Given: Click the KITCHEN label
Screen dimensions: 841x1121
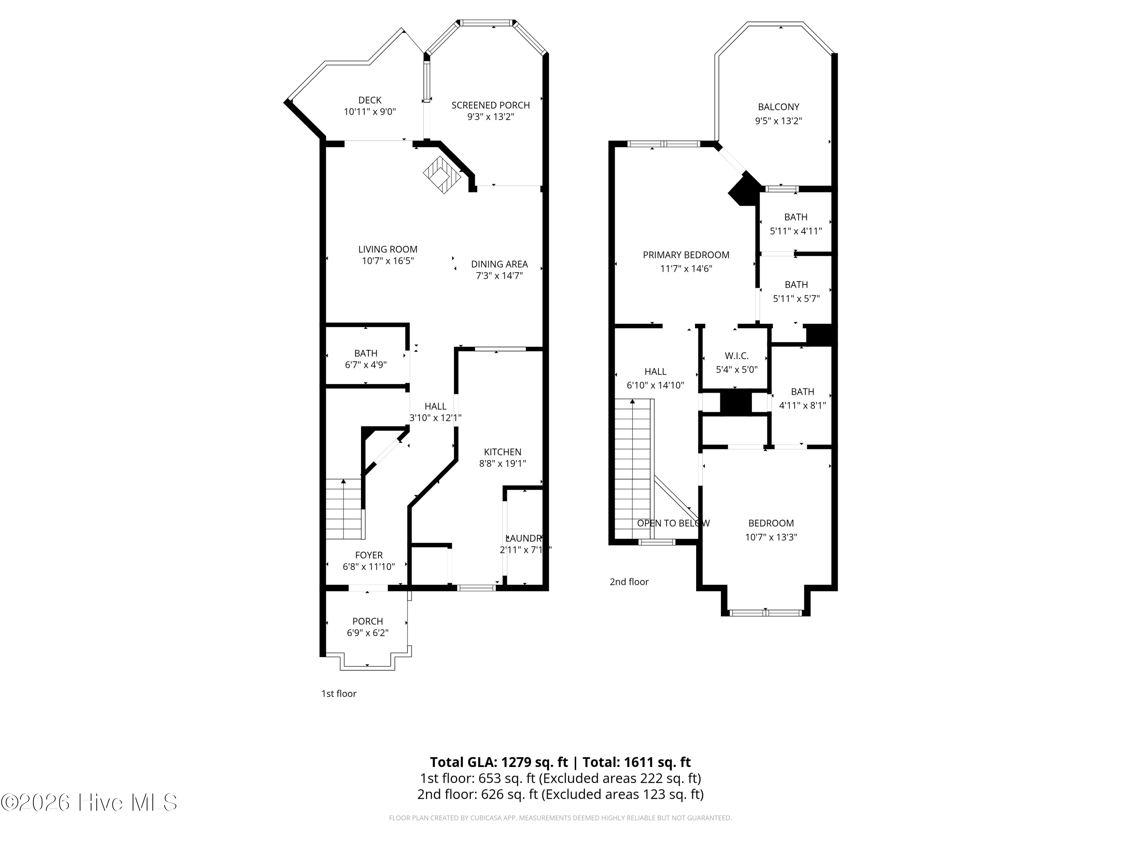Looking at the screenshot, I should (502, 452).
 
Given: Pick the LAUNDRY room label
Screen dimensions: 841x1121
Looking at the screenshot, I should (525, 538).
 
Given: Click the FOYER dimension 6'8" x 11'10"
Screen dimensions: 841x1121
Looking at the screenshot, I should (368, 567).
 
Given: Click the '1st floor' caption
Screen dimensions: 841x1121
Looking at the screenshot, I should (339, 693).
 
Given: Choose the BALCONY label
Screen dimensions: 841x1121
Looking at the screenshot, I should (778, 107).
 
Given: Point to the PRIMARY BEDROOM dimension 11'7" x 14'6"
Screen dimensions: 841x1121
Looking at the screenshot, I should (686, 269).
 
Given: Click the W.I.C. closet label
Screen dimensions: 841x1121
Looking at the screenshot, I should (736, 356).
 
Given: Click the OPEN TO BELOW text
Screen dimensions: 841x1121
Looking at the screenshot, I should (673, 523).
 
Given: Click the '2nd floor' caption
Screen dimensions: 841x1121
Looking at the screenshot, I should (629, 582).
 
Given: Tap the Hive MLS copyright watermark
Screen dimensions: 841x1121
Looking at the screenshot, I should (89, 803).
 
